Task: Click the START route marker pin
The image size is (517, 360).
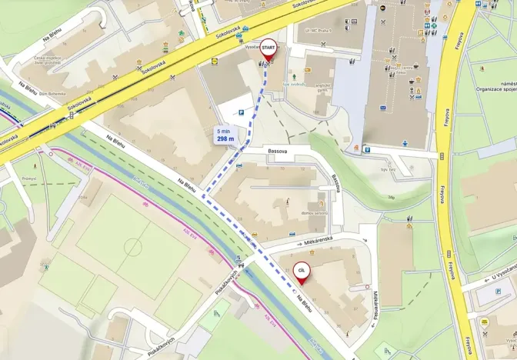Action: point(269,48)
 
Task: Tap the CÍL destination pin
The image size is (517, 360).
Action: point(302,272)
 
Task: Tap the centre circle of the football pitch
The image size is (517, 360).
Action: point(132,248)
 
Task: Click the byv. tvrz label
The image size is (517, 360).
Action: point(389,169)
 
